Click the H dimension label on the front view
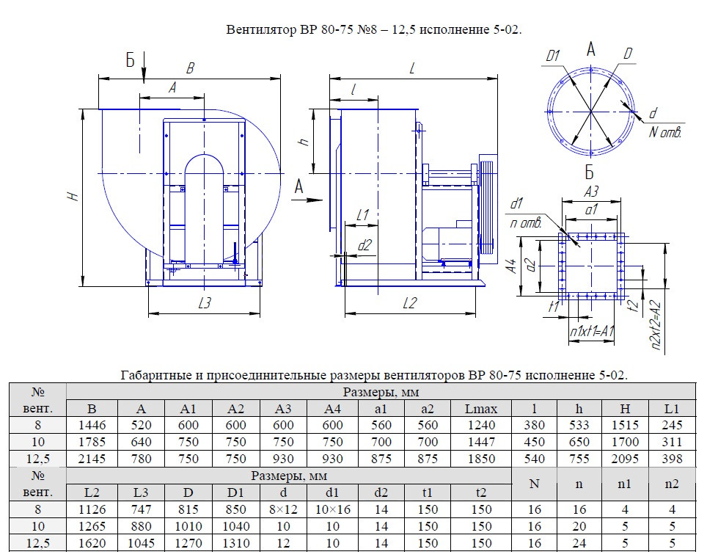pyautogui.click(x=72, y=197)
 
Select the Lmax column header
pyautogui.click(x=480, y=408)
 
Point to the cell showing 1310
pyautogui.click(x=235, y=544)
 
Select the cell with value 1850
pyautogui.click(x=480, y=459)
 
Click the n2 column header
pyautogui.click(x=671, y=484)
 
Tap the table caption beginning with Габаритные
pyautogui.click(x=373, y=375)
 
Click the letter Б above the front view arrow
pyautogui.click(x=131, y=60)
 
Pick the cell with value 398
pyautogui.click(x=671, y=459)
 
